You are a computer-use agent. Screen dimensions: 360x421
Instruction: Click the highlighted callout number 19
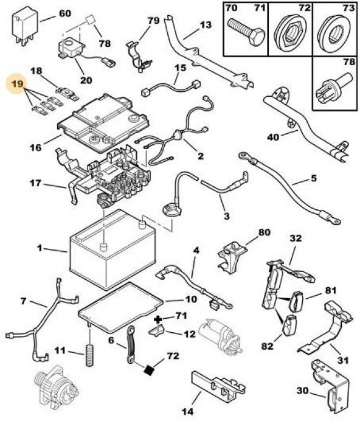(18, 84)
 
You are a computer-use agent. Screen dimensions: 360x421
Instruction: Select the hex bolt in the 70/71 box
(246, 32)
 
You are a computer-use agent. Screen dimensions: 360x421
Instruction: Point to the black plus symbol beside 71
(158, 319)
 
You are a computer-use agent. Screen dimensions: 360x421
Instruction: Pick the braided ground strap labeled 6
(131, 344)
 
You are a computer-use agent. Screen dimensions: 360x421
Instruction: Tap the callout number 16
(36, 147)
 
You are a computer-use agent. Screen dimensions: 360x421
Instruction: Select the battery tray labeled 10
(120, 307)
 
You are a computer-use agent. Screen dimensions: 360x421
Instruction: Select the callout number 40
(273, 137)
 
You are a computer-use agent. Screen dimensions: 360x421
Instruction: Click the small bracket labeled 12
(157, 330)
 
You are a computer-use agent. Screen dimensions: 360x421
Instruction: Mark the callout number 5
(314, 178)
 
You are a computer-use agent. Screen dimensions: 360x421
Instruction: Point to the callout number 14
(188, 411)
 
